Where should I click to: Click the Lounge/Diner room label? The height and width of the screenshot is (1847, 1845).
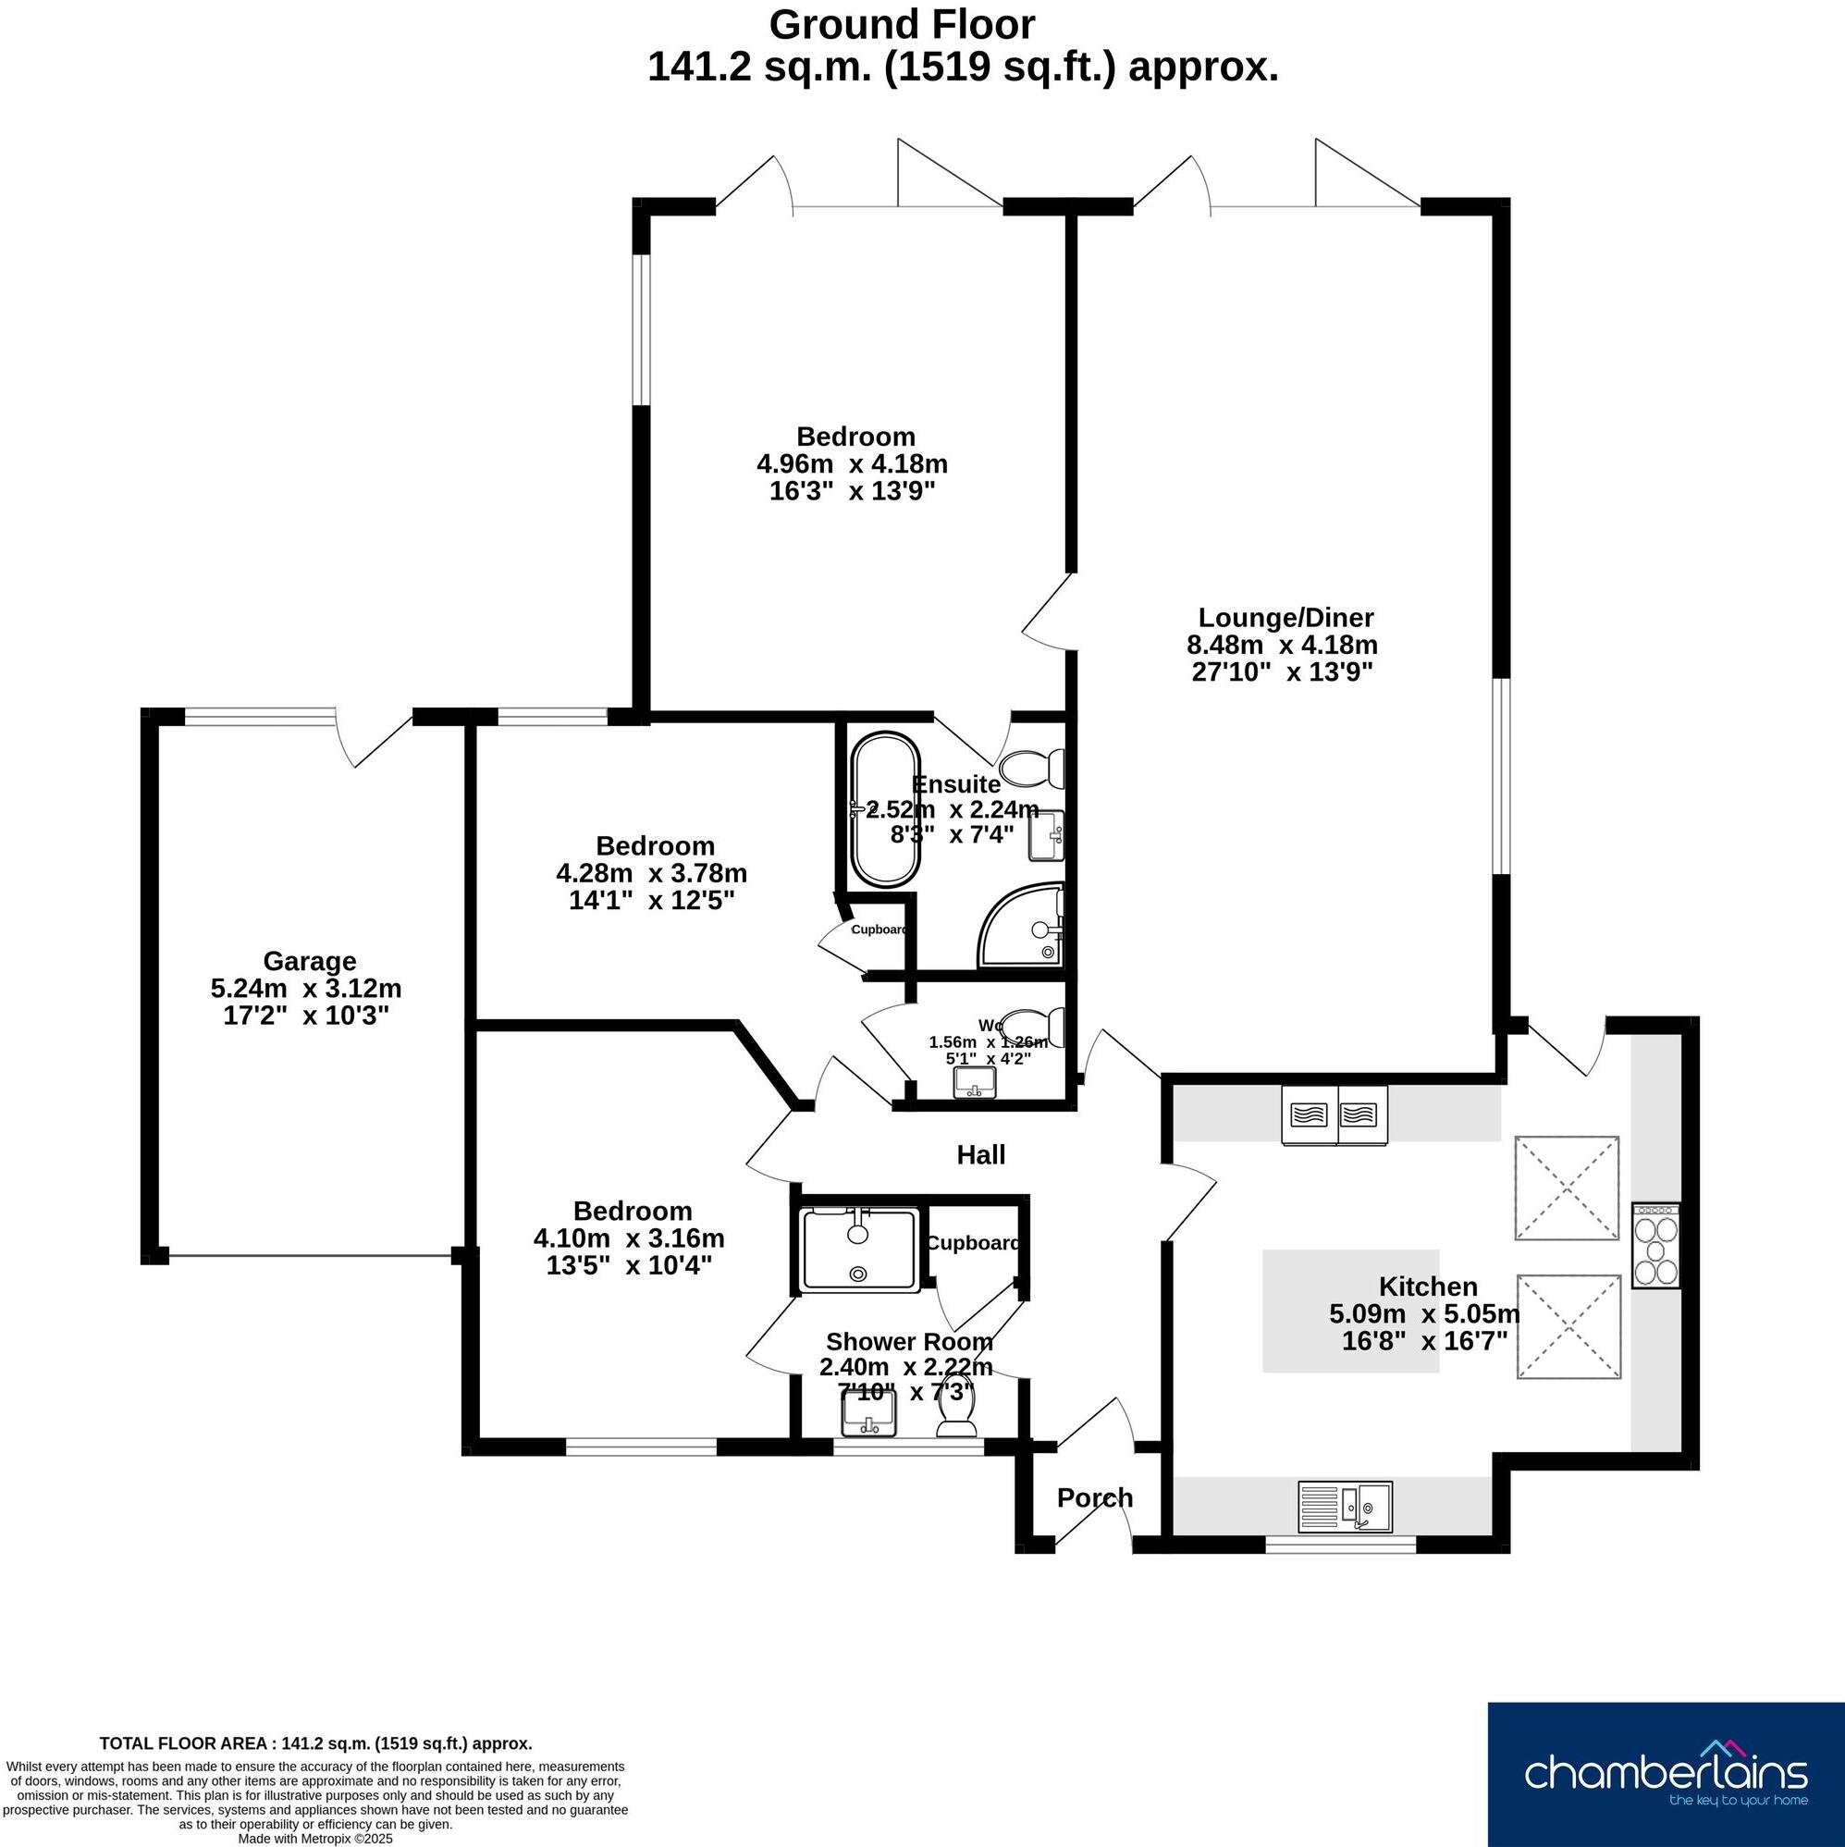point(1285,618)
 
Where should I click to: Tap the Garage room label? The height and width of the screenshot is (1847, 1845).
point(309,961)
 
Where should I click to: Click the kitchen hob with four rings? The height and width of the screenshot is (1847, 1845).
point(1655,1246)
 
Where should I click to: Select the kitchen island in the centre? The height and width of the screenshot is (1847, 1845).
point(1350,1311)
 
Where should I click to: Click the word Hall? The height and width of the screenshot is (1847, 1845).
point(981,1155)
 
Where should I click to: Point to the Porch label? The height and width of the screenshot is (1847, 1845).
point(1095,1498)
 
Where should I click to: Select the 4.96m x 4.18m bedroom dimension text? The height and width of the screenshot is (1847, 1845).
point(852,464)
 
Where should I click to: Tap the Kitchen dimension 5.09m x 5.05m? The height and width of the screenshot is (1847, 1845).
point(1423,1313)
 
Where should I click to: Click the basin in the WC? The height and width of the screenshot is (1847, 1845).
point(975,1082)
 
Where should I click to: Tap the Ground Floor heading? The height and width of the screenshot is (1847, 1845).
point(902,25)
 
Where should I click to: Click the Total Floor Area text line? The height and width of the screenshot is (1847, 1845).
point(315,1743)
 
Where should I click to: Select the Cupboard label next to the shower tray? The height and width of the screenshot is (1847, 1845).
point(972,1243)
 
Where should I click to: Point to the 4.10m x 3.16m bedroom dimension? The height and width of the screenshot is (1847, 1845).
point(628,1238)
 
